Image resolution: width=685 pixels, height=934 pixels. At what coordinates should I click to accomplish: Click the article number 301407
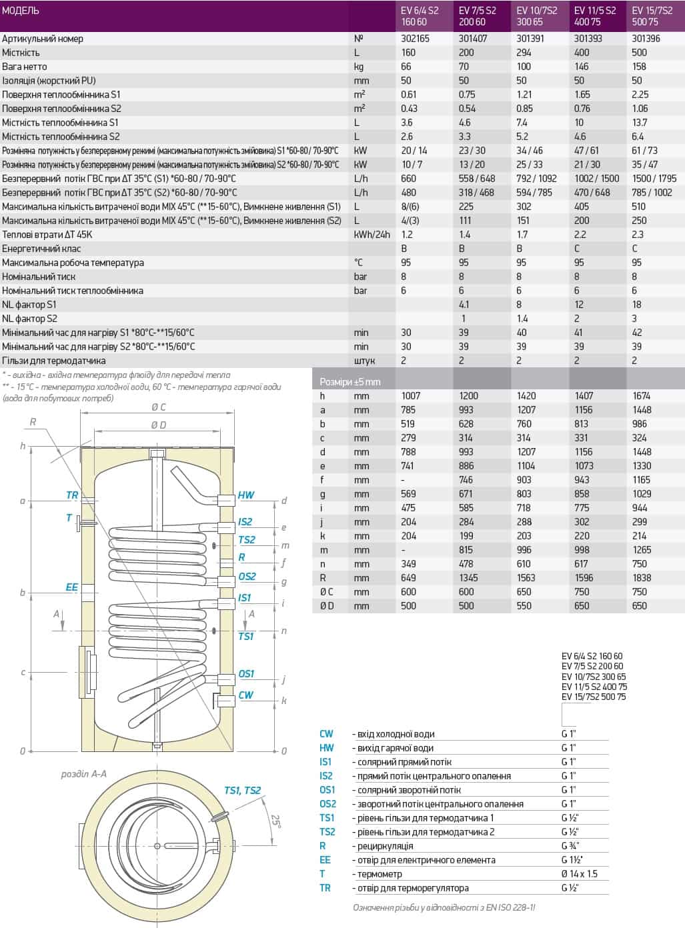(x=472, y=39)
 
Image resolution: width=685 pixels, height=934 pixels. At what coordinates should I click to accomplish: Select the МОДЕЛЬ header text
(x=21, y=11)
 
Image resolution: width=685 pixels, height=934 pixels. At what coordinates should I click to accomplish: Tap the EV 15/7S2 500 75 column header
(x=654, y=16)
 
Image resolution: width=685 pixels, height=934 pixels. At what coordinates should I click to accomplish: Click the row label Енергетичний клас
(x=41, y=249)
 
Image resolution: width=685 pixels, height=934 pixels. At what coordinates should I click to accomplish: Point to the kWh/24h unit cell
(x=372, y=235)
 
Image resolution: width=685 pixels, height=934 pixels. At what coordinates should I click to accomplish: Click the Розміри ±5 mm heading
(x=350, y=382)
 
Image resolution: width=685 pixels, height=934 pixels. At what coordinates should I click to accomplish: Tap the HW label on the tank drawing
(x=245, y=495)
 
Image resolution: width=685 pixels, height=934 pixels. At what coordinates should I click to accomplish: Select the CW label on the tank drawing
(x=245, y=695)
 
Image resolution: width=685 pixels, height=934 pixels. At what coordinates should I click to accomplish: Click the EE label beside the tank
(x=71, y=587)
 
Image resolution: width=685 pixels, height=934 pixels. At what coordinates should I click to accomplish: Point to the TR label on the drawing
(x=72, y=495)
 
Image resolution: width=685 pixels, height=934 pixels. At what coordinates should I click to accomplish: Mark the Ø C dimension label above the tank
(x=158, y=407)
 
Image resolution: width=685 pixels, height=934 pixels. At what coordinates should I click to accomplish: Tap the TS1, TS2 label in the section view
(x=242, y=791)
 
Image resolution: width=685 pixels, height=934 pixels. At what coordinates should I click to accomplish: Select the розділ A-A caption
(x=83, y=774)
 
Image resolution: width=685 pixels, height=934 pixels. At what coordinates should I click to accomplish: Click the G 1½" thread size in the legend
(x=572, y=860)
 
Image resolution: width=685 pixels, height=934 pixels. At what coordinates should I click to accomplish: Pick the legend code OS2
(x=327, y=804)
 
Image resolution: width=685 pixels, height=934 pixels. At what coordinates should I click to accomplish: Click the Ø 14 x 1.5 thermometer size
(x=580, y=874)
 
